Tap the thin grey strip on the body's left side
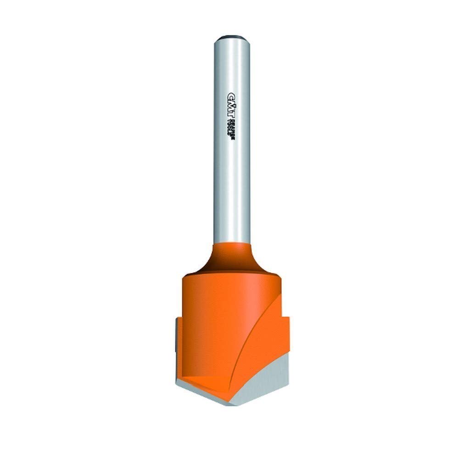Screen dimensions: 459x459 176,340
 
